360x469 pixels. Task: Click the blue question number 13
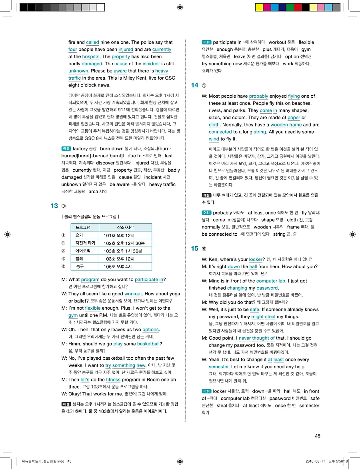coord(54,206)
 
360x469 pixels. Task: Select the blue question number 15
coord(195,249)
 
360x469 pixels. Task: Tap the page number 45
coord(318,436)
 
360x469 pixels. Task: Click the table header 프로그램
coord(83,227)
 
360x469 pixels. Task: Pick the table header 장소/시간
coord(125,227)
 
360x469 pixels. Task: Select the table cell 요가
coord(79,235)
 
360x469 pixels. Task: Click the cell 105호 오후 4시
coord(118,267)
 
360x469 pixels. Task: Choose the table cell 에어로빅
coord(83,251)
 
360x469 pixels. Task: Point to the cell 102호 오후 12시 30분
coord(121,243)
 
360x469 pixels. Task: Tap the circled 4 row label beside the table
coord(63,259)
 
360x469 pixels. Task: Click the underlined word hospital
coord(91,57)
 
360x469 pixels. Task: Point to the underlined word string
coord(260,132)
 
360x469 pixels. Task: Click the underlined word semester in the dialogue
coord(218,367)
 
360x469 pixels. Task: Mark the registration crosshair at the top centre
coord(180,7)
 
